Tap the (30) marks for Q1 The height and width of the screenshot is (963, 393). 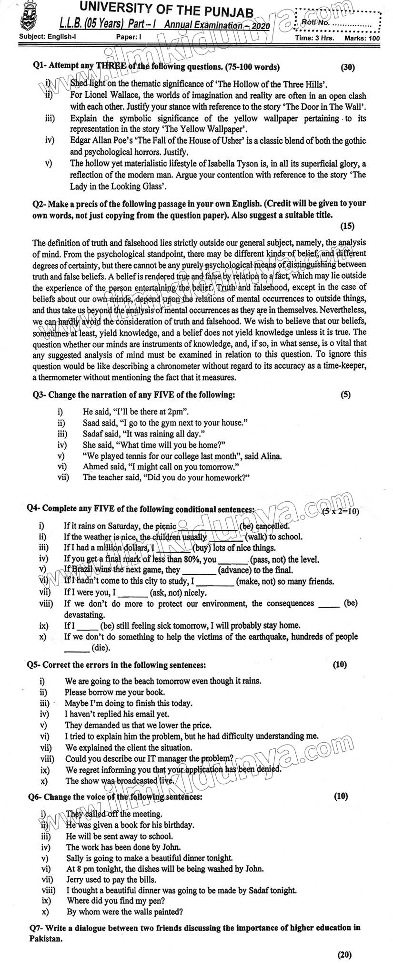348,68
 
